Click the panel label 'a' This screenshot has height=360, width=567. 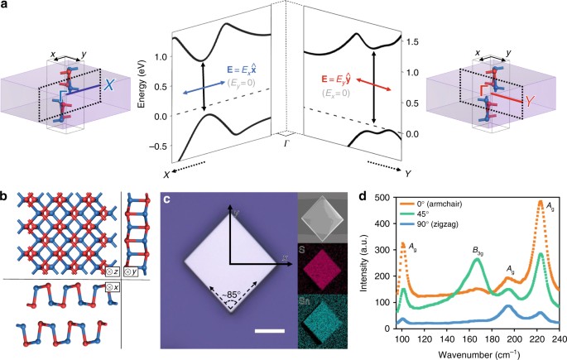click(6, 7)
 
